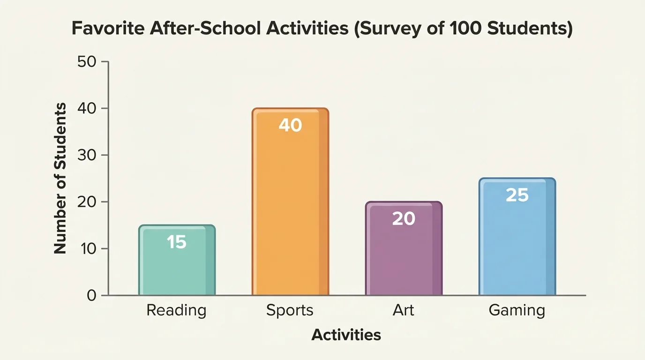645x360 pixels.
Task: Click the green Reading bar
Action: coord(177,267)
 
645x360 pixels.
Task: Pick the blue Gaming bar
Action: coord(517,244)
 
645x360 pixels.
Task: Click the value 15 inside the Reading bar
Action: coord(177,242)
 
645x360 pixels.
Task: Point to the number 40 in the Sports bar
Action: coord(290,125)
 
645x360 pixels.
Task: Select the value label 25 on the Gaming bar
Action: coord(517,195)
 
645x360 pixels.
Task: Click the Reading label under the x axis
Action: coord(176,310)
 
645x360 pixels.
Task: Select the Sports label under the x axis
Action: coord(290,310)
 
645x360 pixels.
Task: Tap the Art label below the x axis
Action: coord(404,310)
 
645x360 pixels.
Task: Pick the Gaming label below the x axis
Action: coord(517,310)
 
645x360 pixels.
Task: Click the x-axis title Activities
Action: coord(346,335)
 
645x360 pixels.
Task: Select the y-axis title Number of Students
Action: coord(60,179)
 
